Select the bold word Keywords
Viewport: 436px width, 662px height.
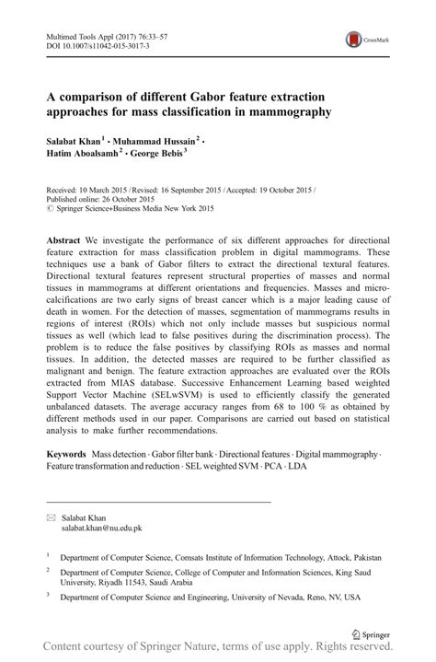coord(66,455)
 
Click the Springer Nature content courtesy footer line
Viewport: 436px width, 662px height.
coord(218,650)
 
